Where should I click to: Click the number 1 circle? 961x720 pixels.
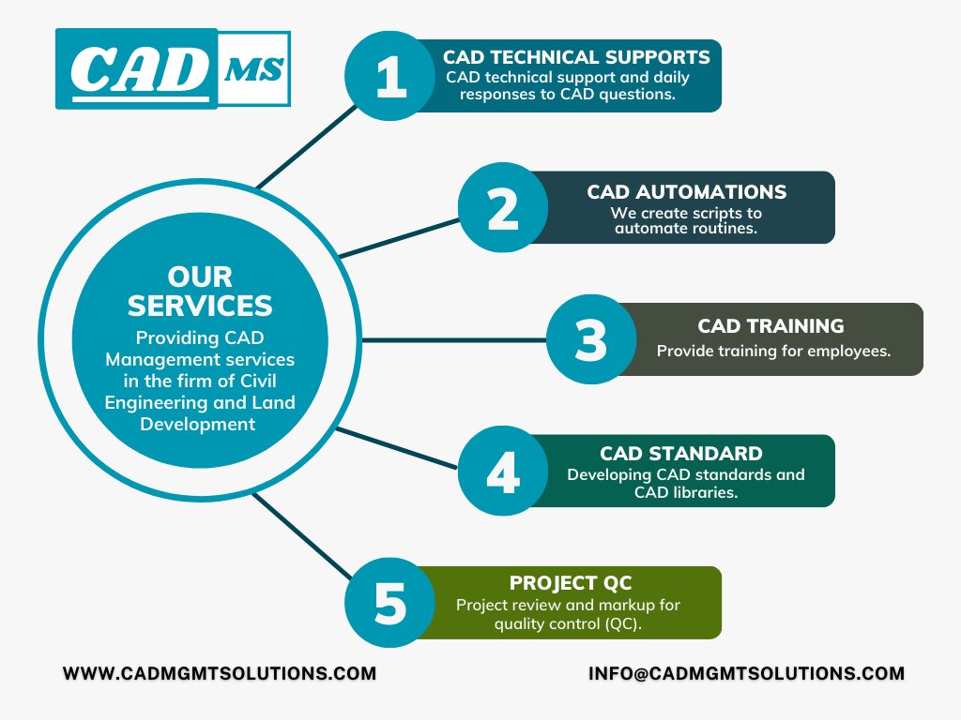click(x=389, y=76)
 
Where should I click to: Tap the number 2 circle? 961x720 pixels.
click(x=502, y=208)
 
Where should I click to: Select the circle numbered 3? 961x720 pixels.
click(x=590, y=339)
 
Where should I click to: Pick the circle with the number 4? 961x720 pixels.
click(x=502, y=472)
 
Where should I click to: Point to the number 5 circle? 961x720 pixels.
click(x=389, y=603)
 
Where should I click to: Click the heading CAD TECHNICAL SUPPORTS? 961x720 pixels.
click(x=576, y=57)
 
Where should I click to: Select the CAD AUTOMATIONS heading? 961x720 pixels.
click(x=686, y=192)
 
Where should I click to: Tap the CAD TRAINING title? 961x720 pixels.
click(x=770, y=326)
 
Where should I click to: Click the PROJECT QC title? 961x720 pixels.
click(x=570, y=584)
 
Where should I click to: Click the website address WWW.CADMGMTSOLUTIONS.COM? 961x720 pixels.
click(x=220, y=673)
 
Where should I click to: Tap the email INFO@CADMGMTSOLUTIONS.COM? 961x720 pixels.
click(x=747, y=673)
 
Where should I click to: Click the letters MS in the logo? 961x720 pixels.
click(x=254, y=69)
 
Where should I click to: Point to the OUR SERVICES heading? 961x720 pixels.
click(x=200, y=292)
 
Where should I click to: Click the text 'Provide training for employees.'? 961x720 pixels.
click(x=773, y=352)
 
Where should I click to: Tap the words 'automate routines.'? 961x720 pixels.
click(x=686, y=228)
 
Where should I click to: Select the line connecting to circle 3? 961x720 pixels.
click(x=454, y=339)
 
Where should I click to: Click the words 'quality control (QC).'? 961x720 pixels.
click(x=568, y=623)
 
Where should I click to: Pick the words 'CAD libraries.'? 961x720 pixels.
click(x=686, y=492)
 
